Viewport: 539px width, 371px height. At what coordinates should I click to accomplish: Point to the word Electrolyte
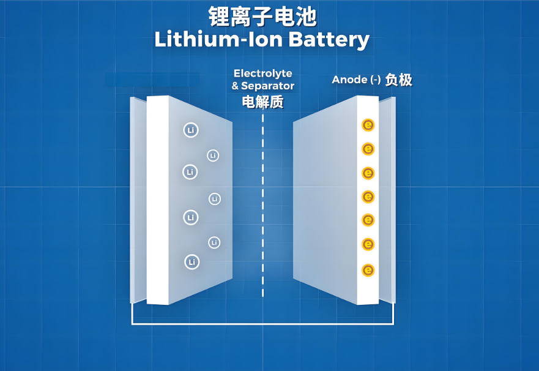click(x=263, y=73)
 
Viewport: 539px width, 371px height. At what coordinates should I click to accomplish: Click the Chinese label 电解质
click(x=263, y=102)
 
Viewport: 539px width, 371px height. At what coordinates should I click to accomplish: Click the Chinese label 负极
click(x=398, y=80)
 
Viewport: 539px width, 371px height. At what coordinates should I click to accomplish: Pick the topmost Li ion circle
click(x=191, y=130)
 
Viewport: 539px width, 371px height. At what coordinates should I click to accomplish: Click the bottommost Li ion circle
click(x=192, y=262)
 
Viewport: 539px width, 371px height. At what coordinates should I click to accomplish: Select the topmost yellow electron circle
click(x=368, y=125)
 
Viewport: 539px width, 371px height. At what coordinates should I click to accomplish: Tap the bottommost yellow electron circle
click(x=368, y=269)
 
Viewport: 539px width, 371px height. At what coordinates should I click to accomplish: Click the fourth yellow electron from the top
click(x=368, y=197)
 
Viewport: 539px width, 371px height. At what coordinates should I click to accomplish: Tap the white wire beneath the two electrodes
click(x=263, y=323)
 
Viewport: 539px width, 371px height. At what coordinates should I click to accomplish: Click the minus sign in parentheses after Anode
click(x=376, y=80)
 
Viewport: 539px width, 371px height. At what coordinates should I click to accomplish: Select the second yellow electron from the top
click(x=368, y=149)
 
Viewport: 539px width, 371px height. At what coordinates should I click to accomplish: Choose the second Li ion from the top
click(x=213, y=156)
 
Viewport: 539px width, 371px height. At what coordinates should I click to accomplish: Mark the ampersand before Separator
click(x=235, y=86)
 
